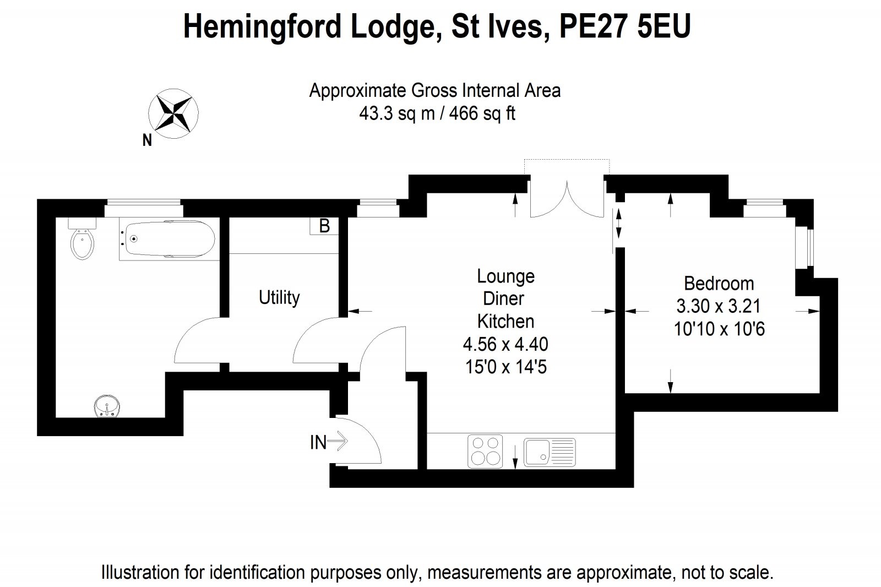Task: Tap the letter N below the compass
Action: coord(147,141)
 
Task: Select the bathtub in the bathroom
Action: coord(168,239)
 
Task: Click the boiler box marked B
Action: coord(324,226)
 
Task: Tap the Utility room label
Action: coord(279,297)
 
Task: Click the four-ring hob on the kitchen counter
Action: coord(485,452)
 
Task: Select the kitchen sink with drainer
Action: coord(549,452)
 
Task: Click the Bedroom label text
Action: coord(719,284)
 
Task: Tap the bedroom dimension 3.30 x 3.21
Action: coord(719,306)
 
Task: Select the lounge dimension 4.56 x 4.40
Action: coord(505,344)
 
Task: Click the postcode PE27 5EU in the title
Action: coord(624,26)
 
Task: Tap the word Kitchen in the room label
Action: coord(505,321)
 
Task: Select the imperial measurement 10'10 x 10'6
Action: coord(719,329)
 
